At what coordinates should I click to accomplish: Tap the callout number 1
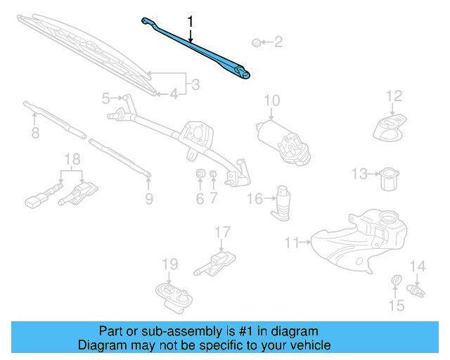pyautogui.click(x=191, y=22)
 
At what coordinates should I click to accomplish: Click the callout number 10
pyautogui.click(x=272, y=101)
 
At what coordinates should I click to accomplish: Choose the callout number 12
pyautogui.click(x=394, y=96)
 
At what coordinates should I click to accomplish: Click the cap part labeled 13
pyautogui.click(x=389, y=179)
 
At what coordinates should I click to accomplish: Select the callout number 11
pyautogui.click(x=290, y=243)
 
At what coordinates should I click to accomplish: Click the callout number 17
pyautogui.click(x=222, y=231)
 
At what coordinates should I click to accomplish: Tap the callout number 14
pyautogui.click(x=418, y=266)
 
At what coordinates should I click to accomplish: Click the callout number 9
pyautogui.click(x=149, y=198)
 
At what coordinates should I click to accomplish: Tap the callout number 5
pyautogui.click(x=105, y=98)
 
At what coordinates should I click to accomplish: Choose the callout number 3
pyautogui.click(x=195, y=85)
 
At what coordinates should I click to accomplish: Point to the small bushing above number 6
pyautogui.click(x=199, y=174)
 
